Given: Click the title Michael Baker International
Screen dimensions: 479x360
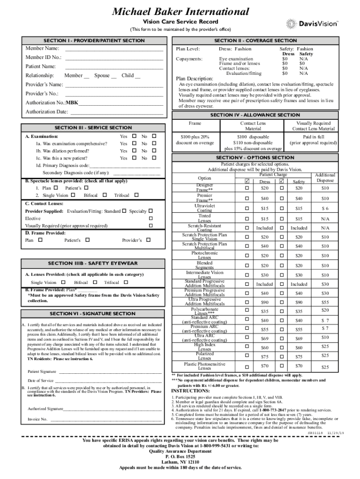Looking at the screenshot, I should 180,11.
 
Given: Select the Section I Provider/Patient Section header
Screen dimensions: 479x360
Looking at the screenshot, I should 94,41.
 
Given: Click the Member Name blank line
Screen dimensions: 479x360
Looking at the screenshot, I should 114,49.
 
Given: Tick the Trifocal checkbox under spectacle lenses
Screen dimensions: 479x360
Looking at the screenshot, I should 137,195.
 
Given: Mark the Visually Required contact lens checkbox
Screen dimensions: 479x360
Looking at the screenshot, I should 151,225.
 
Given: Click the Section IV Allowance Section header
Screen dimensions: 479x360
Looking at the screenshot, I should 255,115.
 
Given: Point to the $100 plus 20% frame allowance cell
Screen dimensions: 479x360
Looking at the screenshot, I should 195,140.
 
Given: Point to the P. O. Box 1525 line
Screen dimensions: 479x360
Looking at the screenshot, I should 180,456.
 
